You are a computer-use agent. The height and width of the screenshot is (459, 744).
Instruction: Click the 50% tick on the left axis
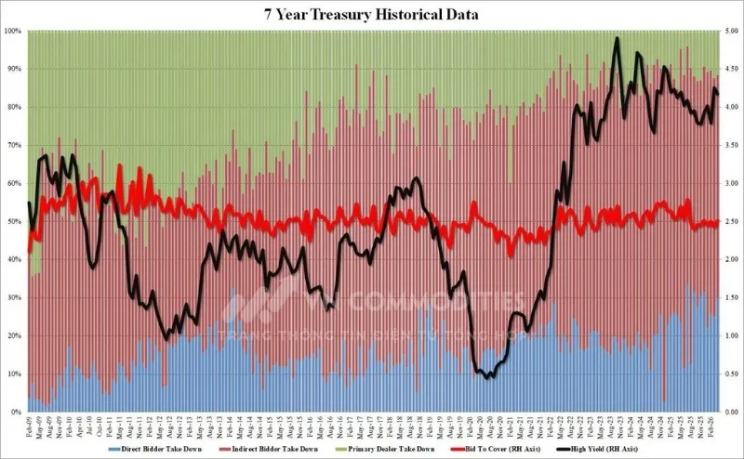click(x=14, y=221)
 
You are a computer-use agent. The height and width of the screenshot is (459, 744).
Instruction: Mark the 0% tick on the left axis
click(x=16, y=412)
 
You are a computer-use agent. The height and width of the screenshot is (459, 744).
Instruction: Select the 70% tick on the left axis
click(x=14, y=145)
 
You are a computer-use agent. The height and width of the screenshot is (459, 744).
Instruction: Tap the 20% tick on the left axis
click(x=14, y=335)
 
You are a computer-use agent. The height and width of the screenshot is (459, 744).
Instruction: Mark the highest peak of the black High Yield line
click(x=617, y=39)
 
